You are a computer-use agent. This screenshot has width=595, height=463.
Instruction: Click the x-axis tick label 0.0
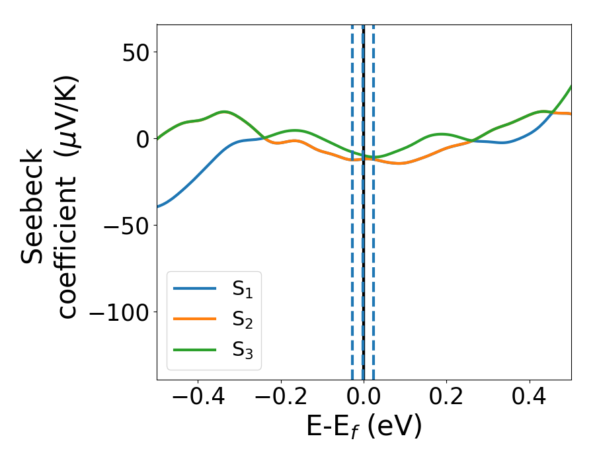[363, 398]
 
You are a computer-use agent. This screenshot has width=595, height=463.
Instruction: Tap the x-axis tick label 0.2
[446, 398]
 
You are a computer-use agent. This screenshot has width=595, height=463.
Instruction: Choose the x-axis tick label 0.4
[530, 398]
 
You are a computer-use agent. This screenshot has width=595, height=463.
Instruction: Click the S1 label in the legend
[242, 289]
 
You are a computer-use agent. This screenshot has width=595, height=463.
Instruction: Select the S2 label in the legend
[242, 320]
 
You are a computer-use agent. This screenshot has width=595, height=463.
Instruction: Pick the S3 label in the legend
[242, 351]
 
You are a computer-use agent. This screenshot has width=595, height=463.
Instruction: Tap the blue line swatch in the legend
[194, 288]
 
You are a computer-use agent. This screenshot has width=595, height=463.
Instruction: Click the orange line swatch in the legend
[194, 319]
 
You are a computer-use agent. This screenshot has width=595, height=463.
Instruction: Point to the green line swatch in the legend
[194, 349]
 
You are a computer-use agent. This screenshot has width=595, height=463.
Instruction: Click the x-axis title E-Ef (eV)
[364, 427]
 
